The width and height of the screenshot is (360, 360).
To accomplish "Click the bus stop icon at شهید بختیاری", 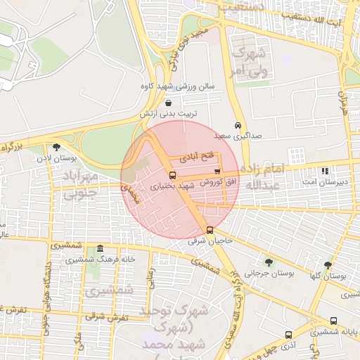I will [173, 175].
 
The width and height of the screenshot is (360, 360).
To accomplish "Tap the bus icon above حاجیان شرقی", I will [210, 230].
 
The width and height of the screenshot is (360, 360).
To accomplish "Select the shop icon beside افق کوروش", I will [217, 172].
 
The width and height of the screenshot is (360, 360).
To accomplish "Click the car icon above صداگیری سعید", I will [239, 125].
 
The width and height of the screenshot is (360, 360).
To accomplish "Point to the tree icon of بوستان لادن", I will [56, 147].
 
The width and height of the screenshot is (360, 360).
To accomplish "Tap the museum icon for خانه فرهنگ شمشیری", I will [100, 249].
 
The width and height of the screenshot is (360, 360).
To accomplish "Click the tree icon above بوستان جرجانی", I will [269, 262].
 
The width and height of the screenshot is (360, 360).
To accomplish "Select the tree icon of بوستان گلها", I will [328, 265].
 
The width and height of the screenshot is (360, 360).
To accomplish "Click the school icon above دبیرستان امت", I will [324, 170].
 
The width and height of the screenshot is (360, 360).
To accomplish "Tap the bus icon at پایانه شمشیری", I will [333, 321].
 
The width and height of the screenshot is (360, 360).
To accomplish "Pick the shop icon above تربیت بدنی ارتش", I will [167, 103].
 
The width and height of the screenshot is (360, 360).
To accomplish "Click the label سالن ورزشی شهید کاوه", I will [184, 86].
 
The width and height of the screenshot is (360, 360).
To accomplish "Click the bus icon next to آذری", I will [288, 335].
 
